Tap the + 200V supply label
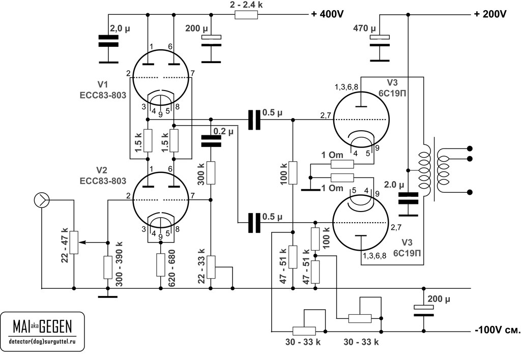tap(490, 15)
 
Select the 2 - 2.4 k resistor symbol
tap(246, 15)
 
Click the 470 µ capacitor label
tap(364, 28)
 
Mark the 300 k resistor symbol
tap(211, 173)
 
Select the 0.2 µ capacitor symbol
tap(211, 140)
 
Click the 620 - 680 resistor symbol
tap(161, 265)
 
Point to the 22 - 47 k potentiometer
tap(74, 243)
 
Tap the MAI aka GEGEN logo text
tap(42, 325)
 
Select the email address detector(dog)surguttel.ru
tap(42, 339)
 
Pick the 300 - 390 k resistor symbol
tap(107, 267)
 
